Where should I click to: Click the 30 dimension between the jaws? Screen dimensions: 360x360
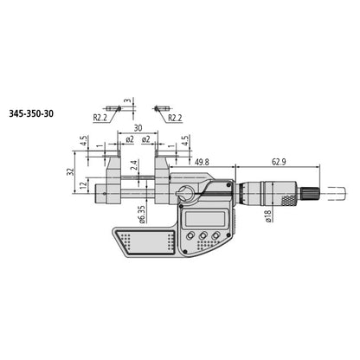point(138,125)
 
